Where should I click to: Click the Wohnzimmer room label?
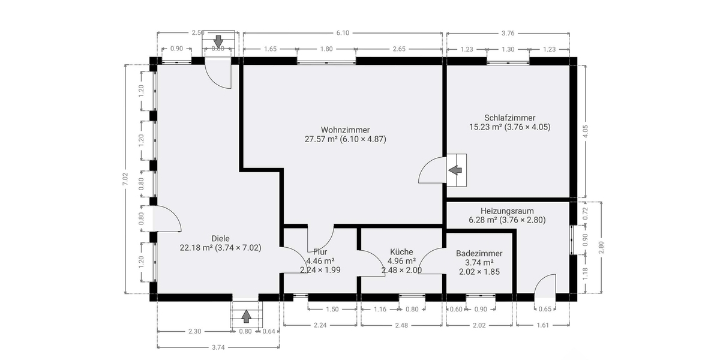pos(345,130)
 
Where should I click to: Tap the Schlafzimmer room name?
pos(509,118)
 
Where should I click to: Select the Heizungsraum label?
pos(507,211)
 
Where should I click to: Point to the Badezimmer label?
pos(479,254)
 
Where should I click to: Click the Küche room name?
pos(401,252)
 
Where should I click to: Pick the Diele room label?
pos(221,238)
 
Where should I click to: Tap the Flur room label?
pos(320,252)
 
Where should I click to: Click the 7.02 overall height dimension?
pos(125,179)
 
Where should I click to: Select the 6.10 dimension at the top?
pos(343,33)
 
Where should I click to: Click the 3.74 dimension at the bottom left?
pos(218,347)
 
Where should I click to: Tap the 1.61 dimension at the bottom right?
pos(542,325)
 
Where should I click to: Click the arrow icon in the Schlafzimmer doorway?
pos(457,170)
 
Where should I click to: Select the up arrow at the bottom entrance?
pos(245,316)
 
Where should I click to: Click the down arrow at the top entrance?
pos(218,41)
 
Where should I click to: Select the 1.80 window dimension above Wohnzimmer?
pos(326,49)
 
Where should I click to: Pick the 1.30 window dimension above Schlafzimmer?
pos(508,49)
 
